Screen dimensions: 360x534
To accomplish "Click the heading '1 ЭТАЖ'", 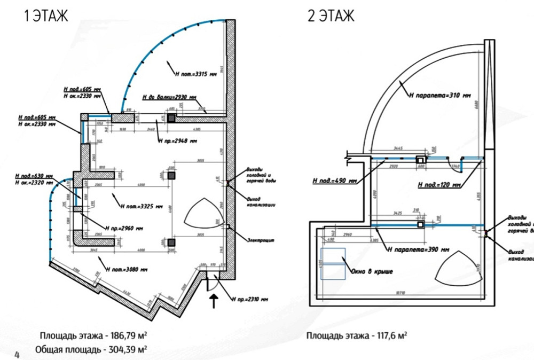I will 46,16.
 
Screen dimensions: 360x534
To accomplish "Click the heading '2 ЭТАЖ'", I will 331,16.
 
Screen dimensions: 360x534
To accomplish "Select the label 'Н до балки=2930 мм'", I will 170,98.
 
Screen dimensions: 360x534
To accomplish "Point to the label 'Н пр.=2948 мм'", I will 177,142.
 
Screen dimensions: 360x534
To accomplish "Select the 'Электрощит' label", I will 261,240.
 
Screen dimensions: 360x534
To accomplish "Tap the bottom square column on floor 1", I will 171,243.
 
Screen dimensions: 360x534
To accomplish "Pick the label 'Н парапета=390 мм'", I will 418,249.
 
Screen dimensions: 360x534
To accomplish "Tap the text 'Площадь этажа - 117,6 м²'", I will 357,336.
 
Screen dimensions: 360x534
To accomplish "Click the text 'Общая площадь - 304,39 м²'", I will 91,349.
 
